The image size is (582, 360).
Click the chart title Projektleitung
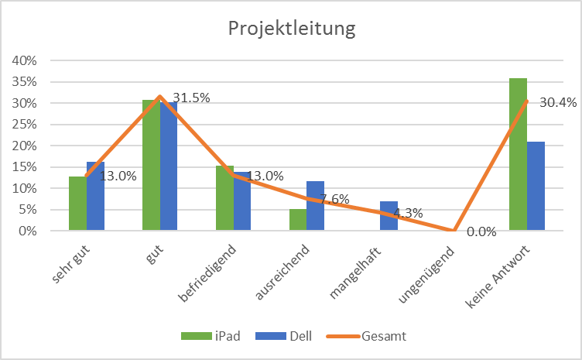[x=291, y=29]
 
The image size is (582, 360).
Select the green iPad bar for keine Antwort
[x=518, y=155]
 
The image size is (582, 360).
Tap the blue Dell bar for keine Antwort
[x=536, y=186]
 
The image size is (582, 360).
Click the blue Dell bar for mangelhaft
[x=389, y=216]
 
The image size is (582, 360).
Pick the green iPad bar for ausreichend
[x=298, y=220]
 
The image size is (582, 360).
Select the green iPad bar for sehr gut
[x=77, y=204]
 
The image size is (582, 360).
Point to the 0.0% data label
[x=481, y=232]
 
